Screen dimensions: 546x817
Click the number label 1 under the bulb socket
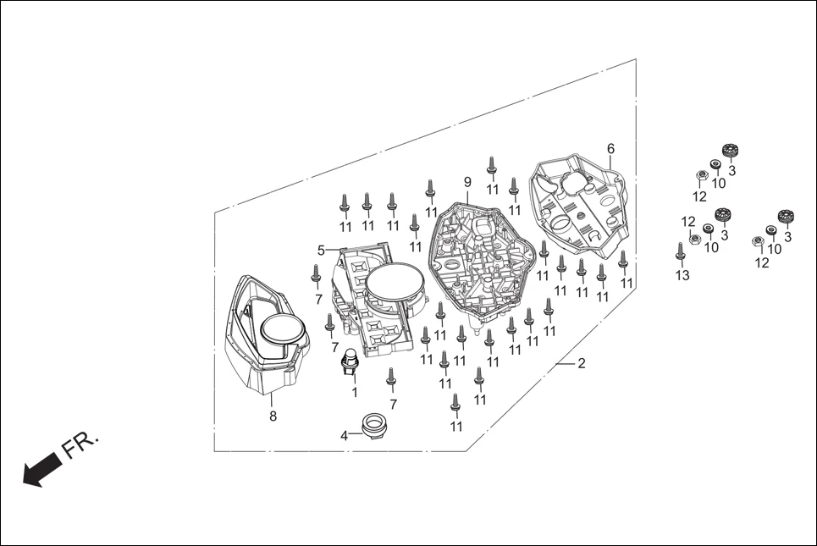[354, 393]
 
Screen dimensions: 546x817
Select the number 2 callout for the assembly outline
[581, 364]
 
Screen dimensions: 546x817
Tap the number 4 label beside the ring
[345, 436]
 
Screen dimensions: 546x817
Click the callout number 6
[610, 149]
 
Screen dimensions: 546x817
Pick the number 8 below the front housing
[273, 416]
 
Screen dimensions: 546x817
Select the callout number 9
[466, 182]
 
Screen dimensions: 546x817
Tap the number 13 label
[682, 275]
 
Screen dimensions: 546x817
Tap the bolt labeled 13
[681, 251]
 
